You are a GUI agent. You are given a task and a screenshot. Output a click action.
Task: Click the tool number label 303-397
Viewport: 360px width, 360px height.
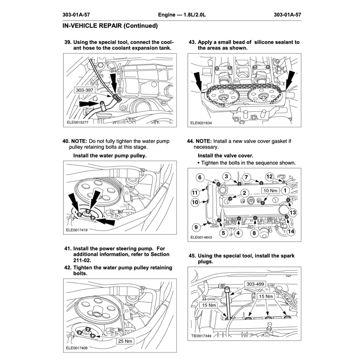pos(85,90)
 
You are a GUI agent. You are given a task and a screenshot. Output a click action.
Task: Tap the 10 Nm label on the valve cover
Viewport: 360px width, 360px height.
pos(270,191)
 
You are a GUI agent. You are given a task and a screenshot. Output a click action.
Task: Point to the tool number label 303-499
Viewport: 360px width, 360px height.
pos(256,284)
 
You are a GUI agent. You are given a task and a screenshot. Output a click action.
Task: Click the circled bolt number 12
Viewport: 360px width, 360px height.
pos(269,176)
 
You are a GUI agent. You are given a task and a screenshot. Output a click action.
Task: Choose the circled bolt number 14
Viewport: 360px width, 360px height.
pos(291,231)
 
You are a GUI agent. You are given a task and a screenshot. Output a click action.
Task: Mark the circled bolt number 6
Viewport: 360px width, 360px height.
pos(200,178)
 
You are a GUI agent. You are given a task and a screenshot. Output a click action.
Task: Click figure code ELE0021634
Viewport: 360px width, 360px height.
pos(201,123)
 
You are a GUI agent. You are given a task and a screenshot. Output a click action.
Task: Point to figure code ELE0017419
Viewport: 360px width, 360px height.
pos(77,230)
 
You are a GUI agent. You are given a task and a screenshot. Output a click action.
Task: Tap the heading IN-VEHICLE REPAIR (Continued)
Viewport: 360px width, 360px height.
pos(110,26)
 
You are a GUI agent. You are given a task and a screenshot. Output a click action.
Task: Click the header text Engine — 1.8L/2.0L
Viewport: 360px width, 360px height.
pos(182,15)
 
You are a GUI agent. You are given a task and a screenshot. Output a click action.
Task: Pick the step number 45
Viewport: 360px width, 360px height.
pos(192,256)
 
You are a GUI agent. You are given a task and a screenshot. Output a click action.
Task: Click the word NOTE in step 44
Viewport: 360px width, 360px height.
pos(203,141)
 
